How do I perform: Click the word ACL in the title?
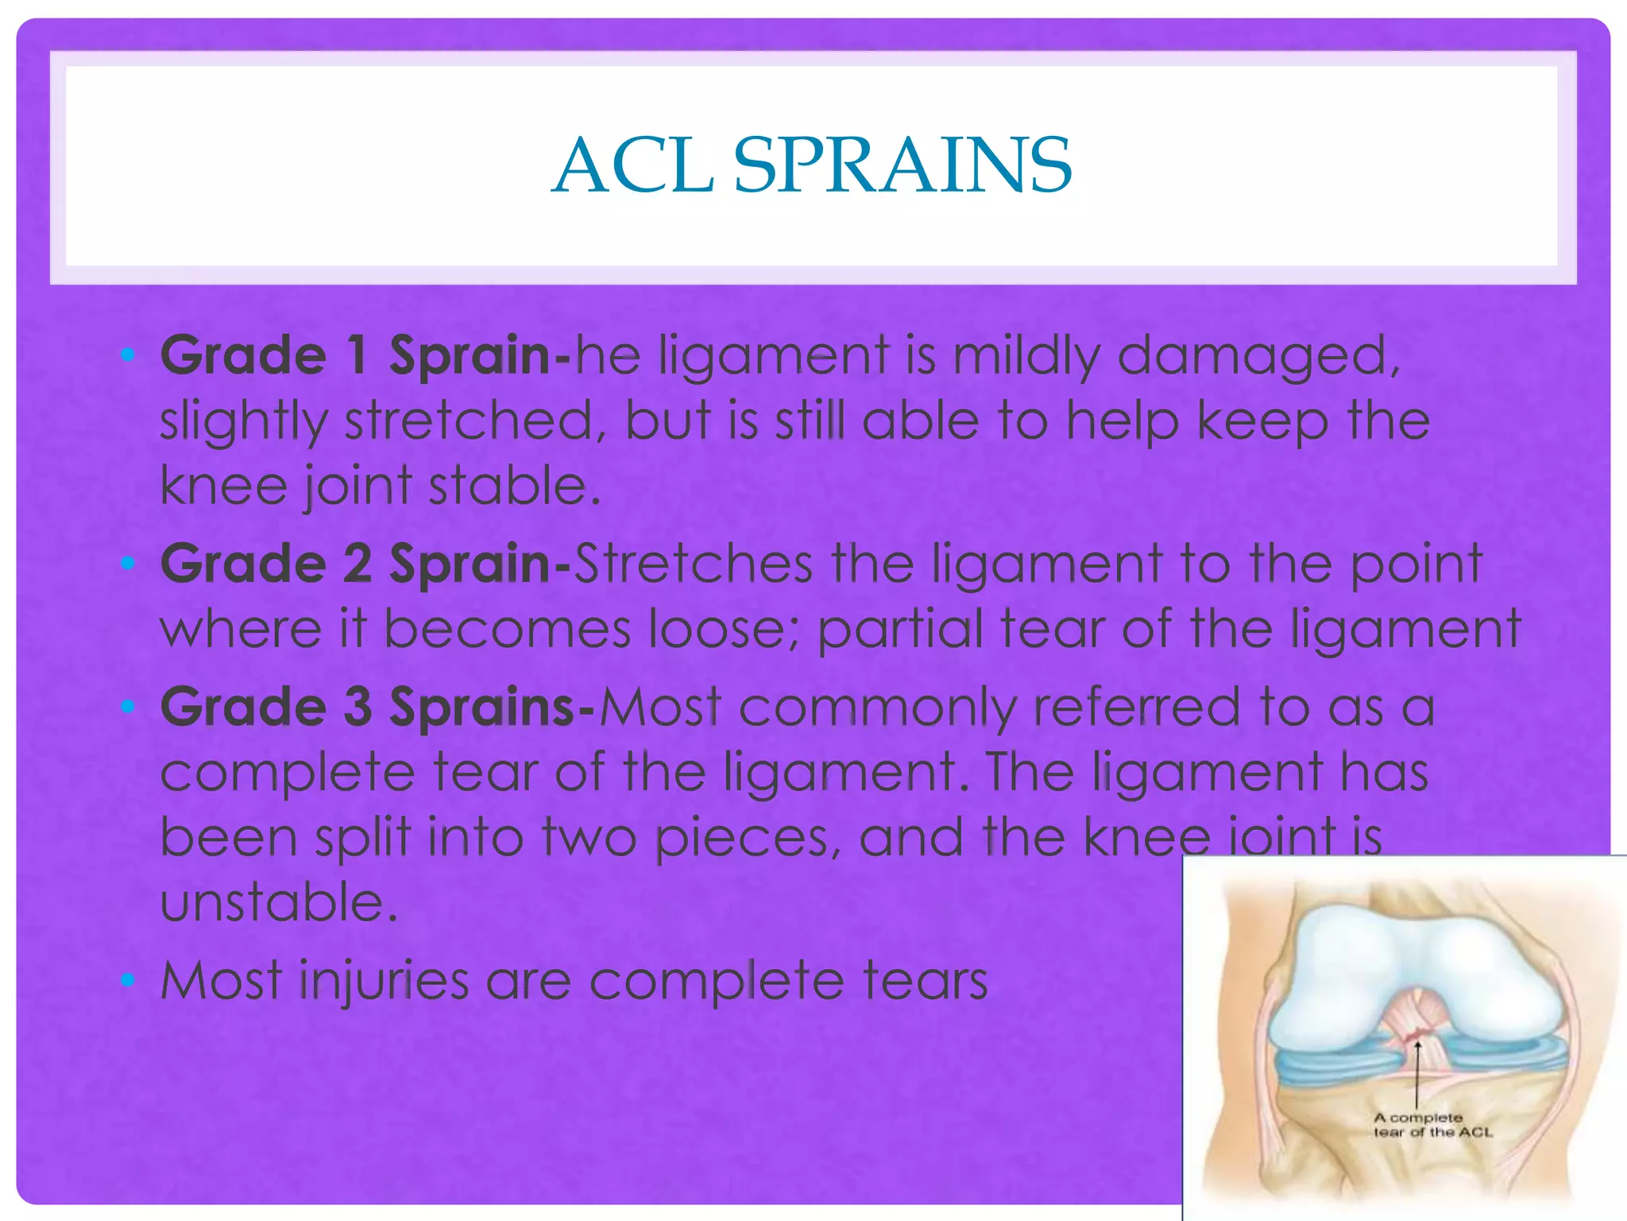[633, 165]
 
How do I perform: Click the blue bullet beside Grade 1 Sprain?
[127, 355]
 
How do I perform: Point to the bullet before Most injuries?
[127, 980]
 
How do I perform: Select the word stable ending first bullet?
[513, 485]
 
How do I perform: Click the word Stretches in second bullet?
[693, 564]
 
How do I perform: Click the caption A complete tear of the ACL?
[1432, 1125]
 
